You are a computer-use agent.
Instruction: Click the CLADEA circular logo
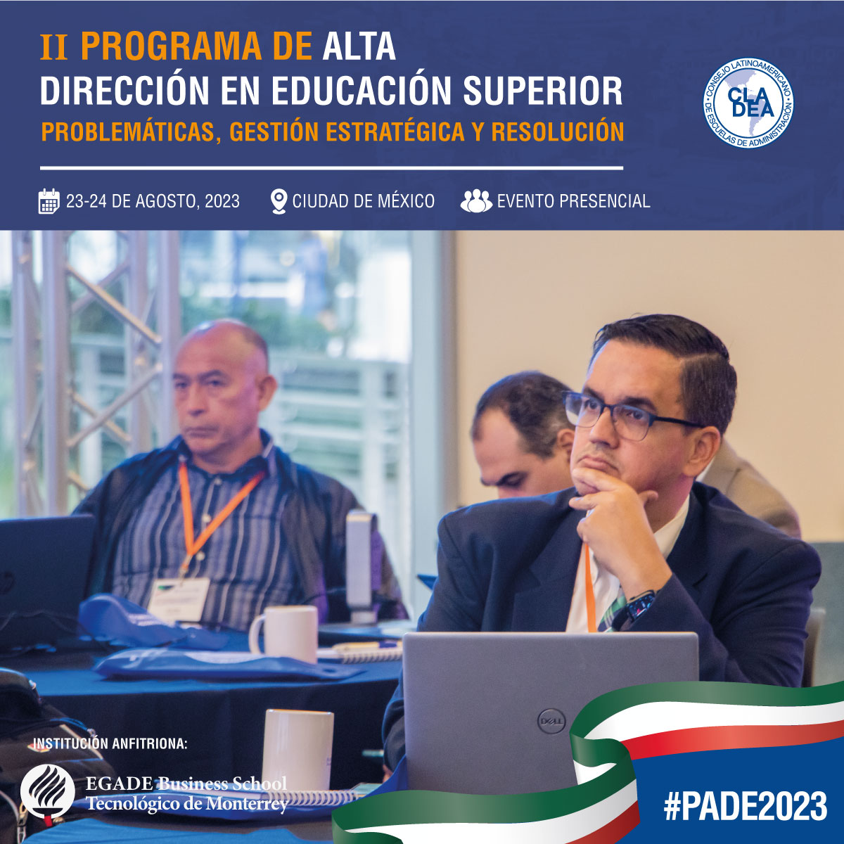coord(748,103)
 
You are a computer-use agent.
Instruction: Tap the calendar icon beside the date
coord(49,201)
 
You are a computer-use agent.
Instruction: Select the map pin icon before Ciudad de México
coord(279,201)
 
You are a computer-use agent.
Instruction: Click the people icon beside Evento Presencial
coord(476,201)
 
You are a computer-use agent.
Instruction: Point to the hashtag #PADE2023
coord(745,806)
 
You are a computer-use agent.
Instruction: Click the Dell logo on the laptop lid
coord(551,722)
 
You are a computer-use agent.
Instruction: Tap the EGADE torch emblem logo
coord(47,792)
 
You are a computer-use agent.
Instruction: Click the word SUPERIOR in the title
coord(543,91)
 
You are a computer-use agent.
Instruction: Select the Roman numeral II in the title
coord(54,47)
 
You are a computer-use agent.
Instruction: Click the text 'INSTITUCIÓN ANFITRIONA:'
coord(110,743)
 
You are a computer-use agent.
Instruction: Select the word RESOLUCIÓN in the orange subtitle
coord(558,132)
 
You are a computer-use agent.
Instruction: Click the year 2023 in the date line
coord(222,201)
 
